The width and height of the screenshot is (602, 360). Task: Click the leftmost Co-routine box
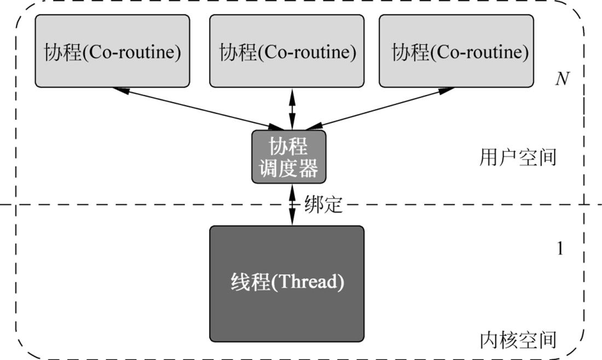pyautogui.click(x=112, y=51)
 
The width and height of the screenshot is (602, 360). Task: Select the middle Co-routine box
pyautogui.click(x=287, y=51)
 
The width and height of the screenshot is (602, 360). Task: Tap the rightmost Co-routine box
pyautogui.click(x=456, y=51)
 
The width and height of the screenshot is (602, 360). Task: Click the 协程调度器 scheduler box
pyautogui.click(x=288, y=156)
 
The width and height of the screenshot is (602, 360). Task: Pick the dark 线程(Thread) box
pyautogui.click(x=287, y=283)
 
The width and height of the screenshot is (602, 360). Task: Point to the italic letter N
pyautogui.click(x=562, y=79)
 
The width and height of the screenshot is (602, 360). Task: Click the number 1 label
pyautogui.click(x=560, y=248)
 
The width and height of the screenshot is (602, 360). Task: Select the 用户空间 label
pyautogui.click(x=518, y=158)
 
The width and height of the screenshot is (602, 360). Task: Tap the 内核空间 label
pyautogui.click(x=518, y=340)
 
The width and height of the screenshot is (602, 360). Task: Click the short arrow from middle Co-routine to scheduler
pyautogui.click(x=292, y=109)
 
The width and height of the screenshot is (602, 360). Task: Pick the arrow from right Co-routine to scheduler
pyautogui.click(x=378, y=109)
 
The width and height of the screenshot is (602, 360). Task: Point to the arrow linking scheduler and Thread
pyautogui.click(x=292, y=204)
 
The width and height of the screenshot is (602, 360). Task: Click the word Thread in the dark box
pyautogui.click(x=310, y=282)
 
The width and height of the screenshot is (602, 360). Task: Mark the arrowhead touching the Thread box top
pyautogui.click(x=292, y=220)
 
